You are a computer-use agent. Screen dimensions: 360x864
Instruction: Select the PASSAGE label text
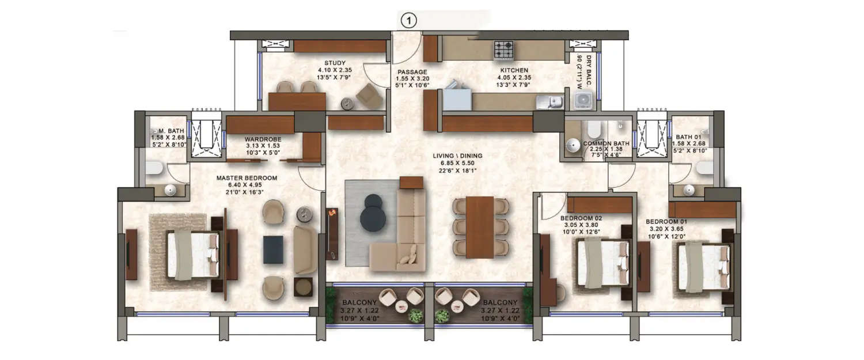tap(412, 72)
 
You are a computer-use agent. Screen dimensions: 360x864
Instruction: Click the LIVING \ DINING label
tap(458, 156)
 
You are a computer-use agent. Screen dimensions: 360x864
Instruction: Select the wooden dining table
tap(480, 227)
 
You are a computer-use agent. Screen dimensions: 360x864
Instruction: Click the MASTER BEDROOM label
tap(247, 178)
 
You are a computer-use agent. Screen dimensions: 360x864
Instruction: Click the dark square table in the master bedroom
tap(273, 250)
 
